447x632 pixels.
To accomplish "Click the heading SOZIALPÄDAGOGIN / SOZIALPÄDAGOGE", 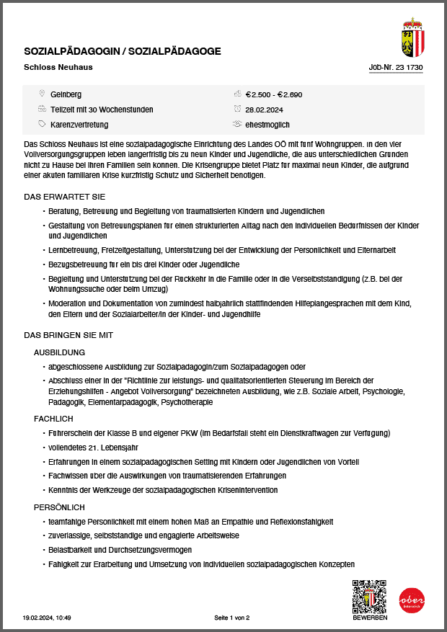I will (123, 51).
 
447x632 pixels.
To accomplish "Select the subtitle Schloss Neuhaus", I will (58, 68).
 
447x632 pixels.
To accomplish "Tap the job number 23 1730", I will (395, 68).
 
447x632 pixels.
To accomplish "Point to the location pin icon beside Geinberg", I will (42, 94).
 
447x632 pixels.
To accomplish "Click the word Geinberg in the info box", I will (66, 94).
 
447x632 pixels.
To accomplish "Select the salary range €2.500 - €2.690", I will (273, 94).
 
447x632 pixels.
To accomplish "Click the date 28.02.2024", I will (263, 110).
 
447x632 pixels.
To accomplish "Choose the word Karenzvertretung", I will (79, 125).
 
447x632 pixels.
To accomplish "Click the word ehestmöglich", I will (267, 125).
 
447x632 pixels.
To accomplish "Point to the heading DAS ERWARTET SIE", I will (65, 197).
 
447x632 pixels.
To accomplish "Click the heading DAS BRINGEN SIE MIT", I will (68, 335).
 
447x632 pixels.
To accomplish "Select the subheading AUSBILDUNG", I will (60, 352).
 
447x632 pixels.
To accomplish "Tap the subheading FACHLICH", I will (53, 419).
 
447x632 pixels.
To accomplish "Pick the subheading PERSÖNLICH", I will (59, 507).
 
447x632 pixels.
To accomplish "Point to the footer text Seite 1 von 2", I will (231, 618).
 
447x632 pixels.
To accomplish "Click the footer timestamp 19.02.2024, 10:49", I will (47, 618).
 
